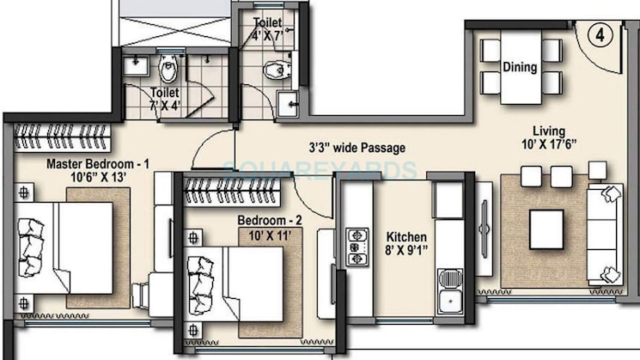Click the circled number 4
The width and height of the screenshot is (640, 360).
point(600,35)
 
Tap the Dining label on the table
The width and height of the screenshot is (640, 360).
point(520,67)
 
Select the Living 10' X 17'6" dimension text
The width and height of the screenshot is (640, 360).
point(549,137)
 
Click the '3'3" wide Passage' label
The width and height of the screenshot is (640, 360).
point(357,147)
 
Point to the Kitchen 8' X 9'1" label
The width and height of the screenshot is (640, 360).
point(406,243)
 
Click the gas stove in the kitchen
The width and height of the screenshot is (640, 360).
point(357,247)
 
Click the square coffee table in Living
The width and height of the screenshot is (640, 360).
point(546,229)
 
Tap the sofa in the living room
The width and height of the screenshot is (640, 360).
point(605,235)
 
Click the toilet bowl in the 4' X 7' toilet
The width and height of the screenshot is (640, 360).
point(277,70)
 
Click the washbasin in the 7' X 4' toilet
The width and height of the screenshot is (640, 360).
point(135,65)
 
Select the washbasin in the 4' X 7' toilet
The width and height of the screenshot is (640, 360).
point(288,104)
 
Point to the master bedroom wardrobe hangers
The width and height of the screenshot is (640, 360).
point(62,137)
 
